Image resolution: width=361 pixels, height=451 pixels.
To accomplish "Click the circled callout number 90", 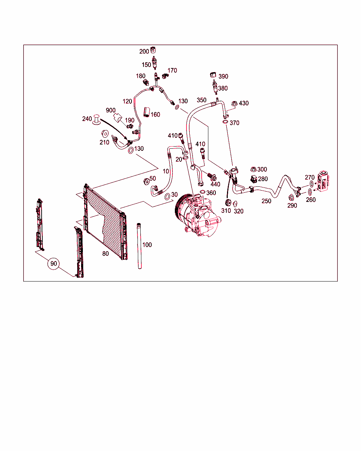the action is tap(54, 264).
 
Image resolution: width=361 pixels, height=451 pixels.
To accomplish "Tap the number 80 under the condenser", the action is tap(105, 254).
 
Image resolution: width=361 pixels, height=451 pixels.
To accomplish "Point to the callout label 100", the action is tap(147, 245).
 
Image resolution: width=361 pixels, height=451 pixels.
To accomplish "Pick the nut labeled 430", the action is tap(234, 104).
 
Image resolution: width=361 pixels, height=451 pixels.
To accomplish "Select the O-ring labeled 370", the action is tap(225, 122).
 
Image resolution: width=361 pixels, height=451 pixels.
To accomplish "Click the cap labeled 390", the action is tap(213, 75).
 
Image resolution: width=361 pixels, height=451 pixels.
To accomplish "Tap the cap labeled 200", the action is tap(153, 50).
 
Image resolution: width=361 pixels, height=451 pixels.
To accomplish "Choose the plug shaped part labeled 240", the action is tap(97, 120).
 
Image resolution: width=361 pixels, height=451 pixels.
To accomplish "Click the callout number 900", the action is tap(111, 110).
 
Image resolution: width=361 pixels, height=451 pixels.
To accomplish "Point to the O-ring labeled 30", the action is tap(167, 197).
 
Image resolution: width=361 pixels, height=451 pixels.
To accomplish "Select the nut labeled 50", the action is tap(146, 181).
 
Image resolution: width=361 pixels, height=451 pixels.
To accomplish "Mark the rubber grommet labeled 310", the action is tap(228, 203).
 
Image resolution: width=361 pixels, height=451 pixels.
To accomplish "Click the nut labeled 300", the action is tap(253, 169).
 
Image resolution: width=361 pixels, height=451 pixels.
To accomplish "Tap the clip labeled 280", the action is tap(253, 179).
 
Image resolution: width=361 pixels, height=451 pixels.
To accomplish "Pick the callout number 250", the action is tap(267, 201).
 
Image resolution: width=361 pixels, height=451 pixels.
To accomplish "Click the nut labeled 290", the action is tap(291, 197).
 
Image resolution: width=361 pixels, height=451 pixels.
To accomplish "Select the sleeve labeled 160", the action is tap(147, 112).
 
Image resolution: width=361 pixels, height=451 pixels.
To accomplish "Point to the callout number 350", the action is tap(201, 100).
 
